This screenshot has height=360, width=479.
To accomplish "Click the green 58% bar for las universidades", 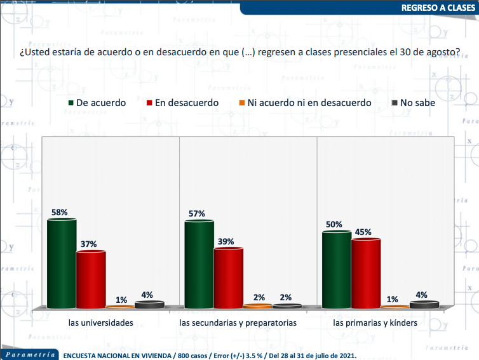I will tap(62, 263).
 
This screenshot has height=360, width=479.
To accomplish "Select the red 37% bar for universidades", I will tap(91, 279).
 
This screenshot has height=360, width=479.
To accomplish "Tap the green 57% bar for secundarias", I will tap(199, 264).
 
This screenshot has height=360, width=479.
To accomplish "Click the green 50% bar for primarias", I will tap(337, 270).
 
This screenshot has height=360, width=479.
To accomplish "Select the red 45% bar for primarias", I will tap(366, 273).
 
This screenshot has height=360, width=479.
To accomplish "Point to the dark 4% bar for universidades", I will tap(149, 305).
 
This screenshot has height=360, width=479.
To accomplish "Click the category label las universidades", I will tap(101, 323).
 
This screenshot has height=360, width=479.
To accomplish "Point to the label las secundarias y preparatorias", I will tap(238, 323).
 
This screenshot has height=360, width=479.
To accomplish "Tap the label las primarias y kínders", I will tap(375, 323).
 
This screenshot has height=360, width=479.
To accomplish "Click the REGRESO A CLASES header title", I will tap(438, 8).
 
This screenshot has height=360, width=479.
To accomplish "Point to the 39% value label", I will tap(226, 241).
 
